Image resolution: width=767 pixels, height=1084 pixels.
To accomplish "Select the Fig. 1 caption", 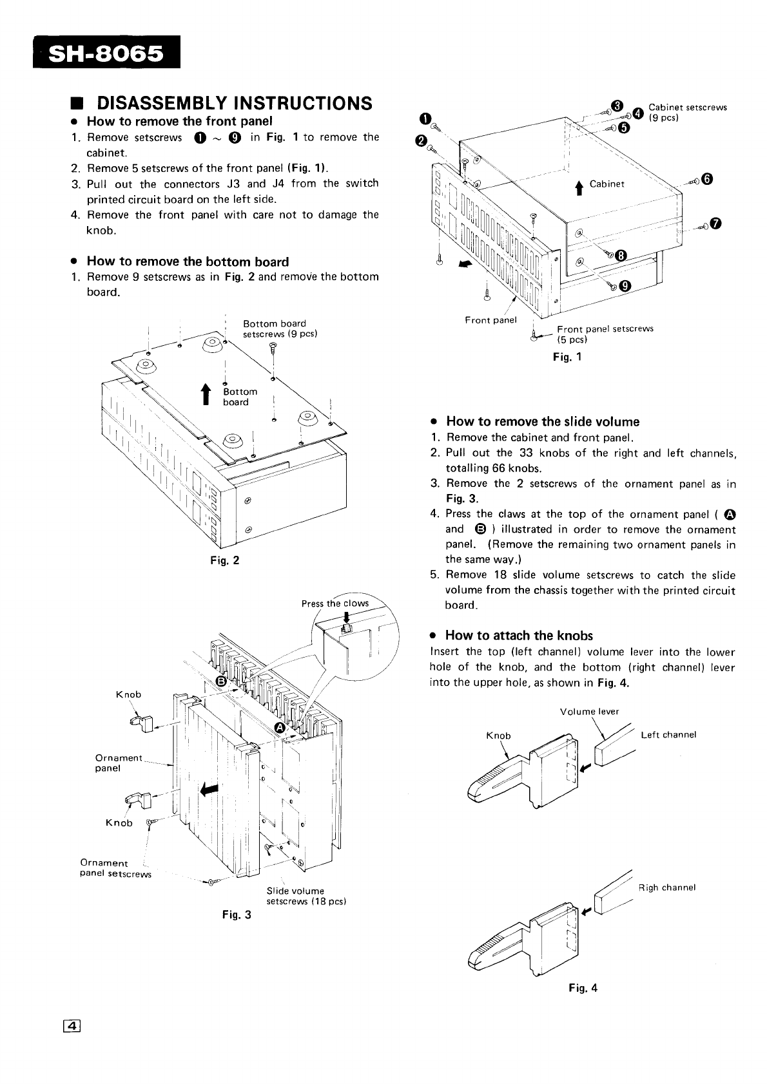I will (x=567, y=356).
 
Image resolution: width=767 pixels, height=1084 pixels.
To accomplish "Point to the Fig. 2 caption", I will (x=225, y=560).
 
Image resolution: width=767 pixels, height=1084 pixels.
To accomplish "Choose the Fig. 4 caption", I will (x=583, y=987).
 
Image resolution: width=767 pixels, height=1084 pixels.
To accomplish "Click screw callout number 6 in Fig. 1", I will (x=708, y=179).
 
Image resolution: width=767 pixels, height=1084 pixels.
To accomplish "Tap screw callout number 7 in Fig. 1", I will (x=717, y=223).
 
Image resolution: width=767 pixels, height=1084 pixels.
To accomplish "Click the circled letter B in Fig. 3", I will (x=221, y=681).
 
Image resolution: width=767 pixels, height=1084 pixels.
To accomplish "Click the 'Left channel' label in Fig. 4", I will (x=668, y=735).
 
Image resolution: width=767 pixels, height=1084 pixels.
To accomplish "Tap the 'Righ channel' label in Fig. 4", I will (x=667, y=888).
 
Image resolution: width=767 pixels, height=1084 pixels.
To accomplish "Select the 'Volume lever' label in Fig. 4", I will (x=589, y=712).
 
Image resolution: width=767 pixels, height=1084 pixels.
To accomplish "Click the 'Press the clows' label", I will (x=335, y=604).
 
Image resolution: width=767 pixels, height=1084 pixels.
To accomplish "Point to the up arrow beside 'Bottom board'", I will (x=206, y=395).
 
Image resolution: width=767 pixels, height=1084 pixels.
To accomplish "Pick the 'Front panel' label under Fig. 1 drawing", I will (x=490, y=320).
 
